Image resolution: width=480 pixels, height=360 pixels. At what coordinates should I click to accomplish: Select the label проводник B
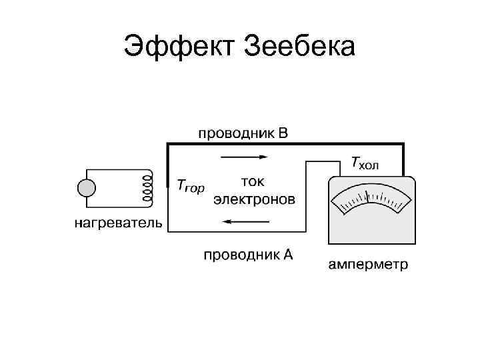[243, 133]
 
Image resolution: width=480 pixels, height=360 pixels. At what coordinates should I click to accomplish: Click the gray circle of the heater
[87, 188]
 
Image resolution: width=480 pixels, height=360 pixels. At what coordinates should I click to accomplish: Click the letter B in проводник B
[283, 133]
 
